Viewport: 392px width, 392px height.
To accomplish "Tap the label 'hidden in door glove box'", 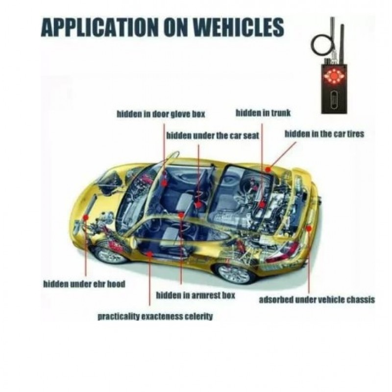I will [x=161, y=114].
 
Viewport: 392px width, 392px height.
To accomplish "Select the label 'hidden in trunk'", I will [x=263, y=113].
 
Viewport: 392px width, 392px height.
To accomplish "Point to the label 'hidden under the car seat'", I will [x=213, y=135].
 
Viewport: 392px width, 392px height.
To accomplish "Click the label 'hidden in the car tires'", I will [x=324, y=133].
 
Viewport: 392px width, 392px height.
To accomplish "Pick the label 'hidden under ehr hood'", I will [x=84, y=284].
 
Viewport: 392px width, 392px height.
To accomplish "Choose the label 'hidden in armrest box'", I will [x=196, y=295].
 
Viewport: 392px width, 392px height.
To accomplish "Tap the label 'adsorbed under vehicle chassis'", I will [x=317, y=299].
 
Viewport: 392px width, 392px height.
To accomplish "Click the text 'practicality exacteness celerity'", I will [x=155, y=316].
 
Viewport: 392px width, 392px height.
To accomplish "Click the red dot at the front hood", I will [x=86, y=216].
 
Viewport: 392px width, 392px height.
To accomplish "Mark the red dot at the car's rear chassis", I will [x=309, y=228].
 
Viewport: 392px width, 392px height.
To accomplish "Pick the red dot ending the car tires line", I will [x=268, y=168].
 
